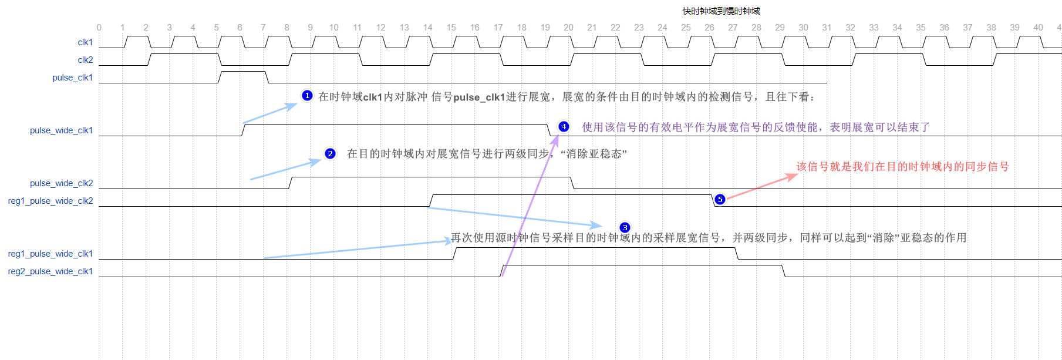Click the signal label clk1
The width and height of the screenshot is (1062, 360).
coord(85,42)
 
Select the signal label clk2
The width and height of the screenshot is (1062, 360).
coord(85,60)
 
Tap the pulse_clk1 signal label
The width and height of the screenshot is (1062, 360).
coord(73,78)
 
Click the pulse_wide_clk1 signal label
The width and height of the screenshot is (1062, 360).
coord(62,130)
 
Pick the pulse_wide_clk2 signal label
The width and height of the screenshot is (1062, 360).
coord(62,183)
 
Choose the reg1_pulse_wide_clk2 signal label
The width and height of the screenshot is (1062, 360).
coord(50,201)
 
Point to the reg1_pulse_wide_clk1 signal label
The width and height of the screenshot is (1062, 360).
coord(50,254)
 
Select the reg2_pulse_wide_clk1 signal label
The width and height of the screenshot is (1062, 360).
coord(50,271)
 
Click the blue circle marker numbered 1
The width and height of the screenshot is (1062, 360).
coord(307,96)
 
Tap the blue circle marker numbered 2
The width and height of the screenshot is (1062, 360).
coord(331,154)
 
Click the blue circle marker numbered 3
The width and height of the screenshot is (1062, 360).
coord(625,227)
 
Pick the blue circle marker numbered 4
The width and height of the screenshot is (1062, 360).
coord(564,126)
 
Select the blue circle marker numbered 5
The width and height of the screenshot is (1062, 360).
coord(720,200)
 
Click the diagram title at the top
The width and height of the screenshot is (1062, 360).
coord(721,11)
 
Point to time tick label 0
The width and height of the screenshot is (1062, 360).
coord(99,28)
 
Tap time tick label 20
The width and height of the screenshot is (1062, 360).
coord(568,28)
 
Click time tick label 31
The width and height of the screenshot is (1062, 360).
coord(827,28)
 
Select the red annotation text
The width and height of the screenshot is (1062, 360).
coord(902,167)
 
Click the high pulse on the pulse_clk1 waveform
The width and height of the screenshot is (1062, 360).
coord(243,72)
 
